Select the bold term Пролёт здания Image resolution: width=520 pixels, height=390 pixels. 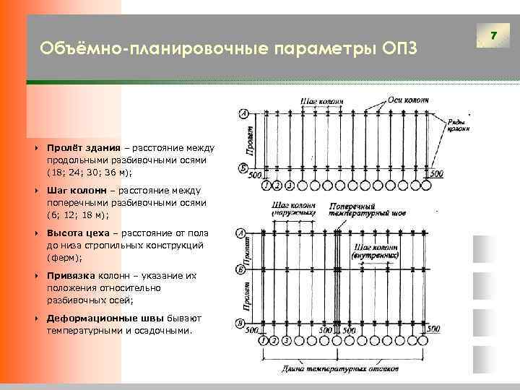pyautogui.click(x=79, y=147)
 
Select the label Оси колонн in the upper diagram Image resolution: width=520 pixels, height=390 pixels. pyautogui.click(x=408, y=100)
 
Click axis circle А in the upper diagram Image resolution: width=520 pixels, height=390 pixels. pyautogui.click(x=243, y=114)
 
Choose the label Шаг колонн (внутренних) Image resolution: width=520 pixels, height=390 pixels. pyautogui.click(x=376, y=253)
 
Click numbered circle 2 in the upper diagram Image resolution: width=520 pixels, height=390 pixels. pyautogui.click(x=277, y=186)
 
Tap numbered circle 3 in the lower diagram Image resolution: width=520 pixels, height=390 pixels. pyautogui.click(x=288, y=339)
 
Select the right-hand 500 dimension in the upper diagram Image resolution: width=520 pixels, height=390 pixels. pyautogui.click(x=435, y=174)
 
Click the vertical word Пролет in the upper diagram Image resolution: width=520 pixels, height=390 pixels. pyautogui.click(x=250, y=142)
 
